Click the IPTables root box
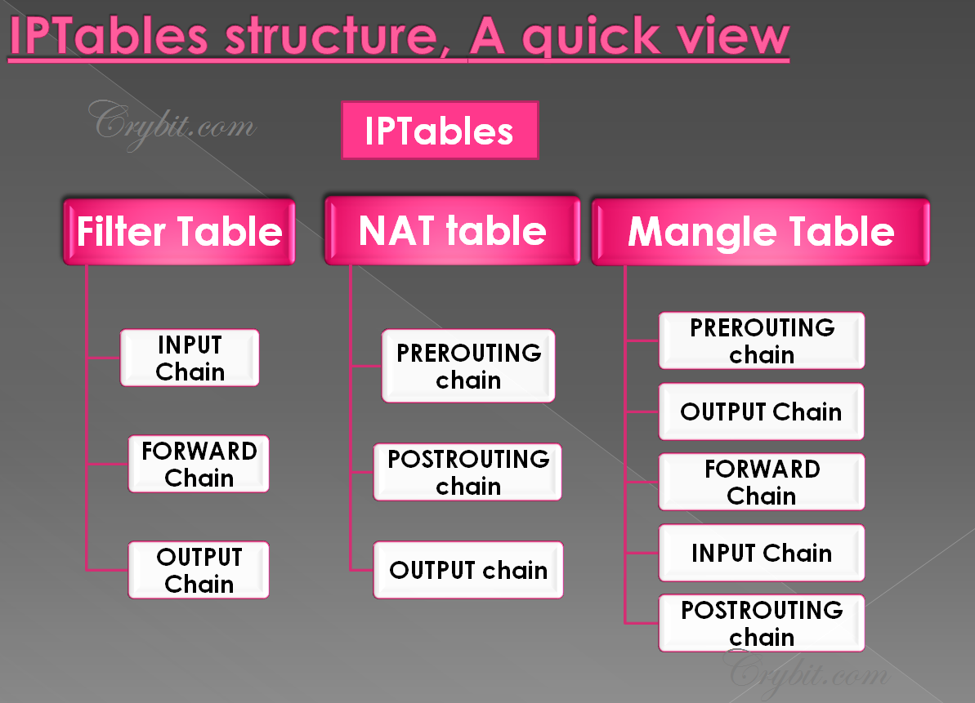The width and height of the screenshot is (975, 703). (x=440, y=131)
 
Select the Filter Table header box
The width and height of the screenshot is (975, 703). (x=179, y=232)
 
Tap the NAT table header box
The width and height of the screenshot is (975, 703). (x=452, y=232)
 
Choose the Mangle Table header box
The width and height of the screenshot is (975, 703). (x=760, y=232)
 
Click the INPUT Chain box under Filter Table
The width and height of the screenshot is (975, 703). (x=190, y=358)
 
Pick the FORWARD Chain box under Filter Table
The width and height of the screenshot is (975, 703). (x=199, y=464)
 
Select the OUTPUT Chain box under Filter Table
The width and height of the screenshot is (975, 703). (x=199, y=570)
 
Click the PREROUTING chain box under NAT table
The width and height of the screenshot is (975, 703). (x=468, y=366)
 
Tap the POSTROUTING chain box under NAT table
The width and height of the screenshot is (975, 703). (x=467, y=472)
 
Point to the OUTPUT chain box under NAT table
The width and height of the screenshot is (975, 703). (x=468, y=570)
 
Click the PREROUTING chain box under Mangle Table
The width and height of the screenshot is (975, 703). (x=762, y=340)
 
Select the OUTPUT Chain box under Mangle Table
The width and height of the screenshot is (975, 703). (x=762, y=412)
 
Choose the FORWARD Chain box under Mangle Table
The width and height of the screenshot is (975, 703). (x=762, y=482)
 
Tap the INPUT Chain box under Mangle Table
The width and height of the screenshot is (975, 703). (x=762, y=553)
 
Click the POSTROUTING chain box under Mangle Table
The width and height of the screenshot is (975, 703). (x=762, y=623)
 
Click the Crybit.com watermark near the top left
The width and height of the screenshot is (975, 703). (x=173, y=124)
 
